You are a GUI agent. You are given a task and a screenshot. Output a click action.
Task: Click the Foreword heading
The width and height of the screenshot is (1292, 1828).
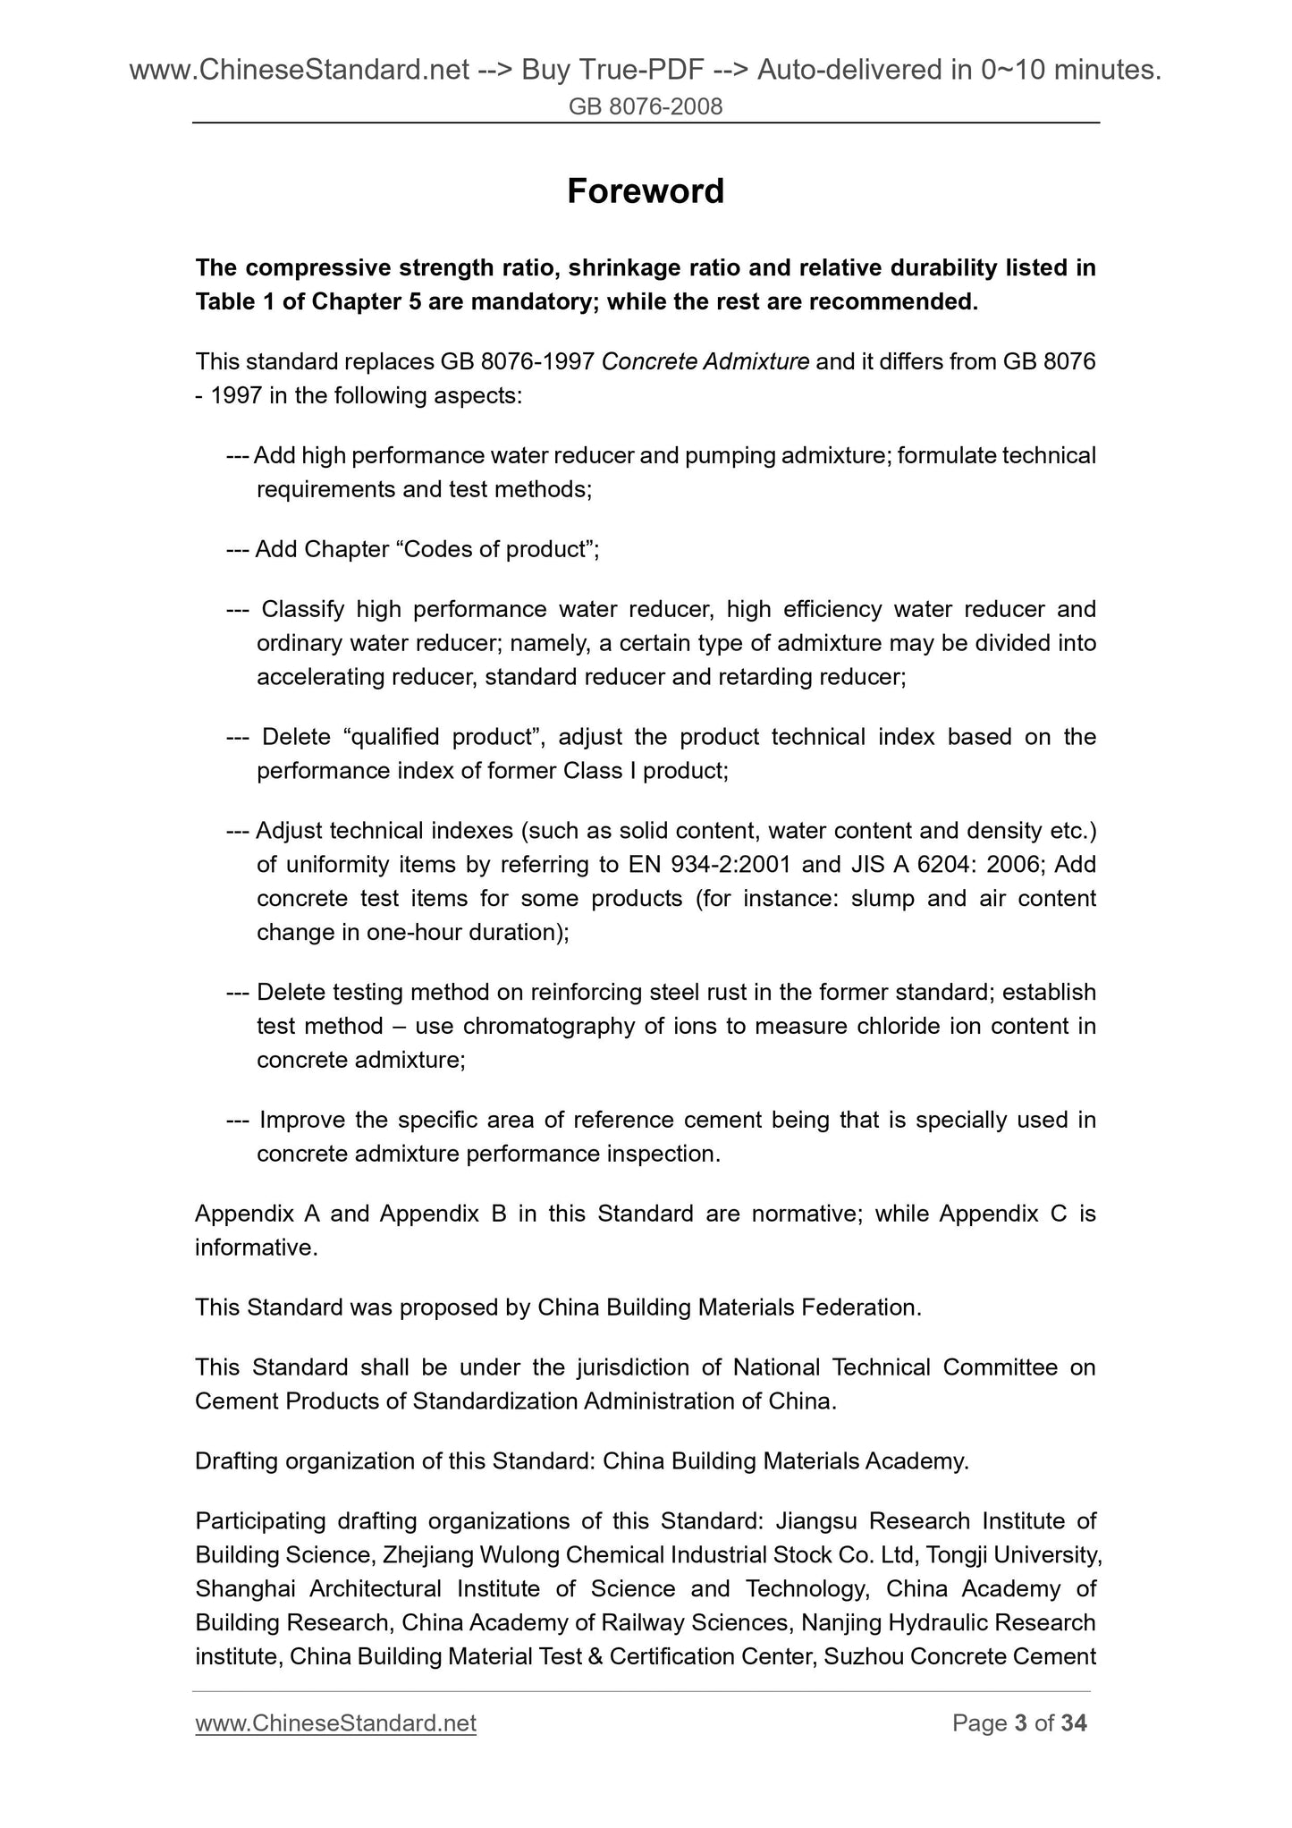[x=645, y=191]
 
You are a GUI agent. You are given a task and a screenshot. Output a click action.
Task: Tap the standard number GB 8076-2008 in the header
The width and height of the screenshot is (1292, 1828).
[x=646, y=107]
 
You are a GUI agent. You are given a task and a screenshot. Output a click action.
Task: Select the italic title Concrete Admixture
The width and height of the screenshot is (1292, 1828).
[x=705, y=362]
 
